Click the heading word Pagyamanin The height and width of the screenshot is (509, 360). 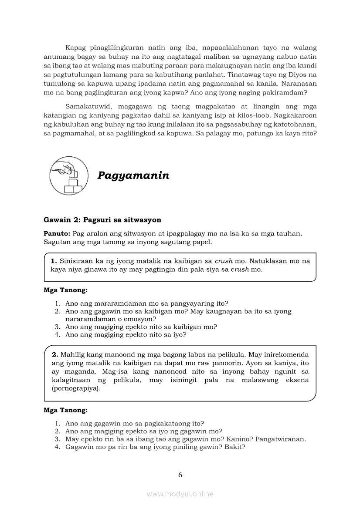(133, 175)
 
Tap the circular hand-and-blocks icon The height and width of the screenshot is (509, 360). (68, 176)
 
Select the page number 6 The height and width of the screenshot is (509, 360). (180, 475)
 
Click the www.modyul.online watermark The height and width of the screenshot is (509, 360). (180, 494)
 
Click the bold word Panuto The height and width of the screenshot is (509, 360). (57, 233)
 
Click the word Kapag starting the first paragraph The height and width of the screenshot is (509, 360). (75, 47)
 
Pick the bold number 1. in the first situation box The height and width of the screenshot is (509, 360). (54, 261)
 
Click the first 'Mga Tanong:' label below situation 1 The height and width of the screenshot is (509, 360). (65, 290)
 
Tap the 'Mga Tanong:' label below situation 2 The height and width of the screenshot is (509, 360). (65, 410)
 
